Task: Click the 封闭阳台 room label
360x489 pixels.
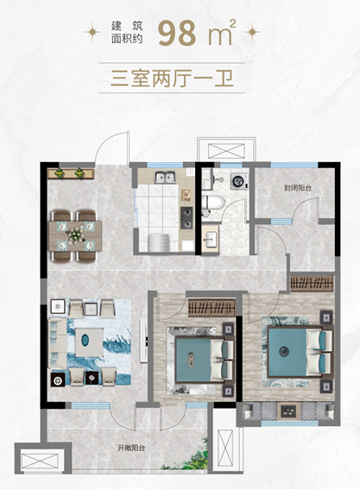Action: (298, 188)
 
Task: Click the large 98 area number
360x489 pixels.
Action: (177, 33)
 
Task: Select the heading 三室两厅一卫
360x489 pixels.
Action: (172, 78)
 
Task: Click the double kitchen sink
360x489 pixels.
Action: (165, 177)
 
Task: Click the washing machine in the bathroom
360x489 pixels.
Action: (239, 181)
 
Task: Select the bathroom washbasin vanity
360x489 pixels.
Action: (210, 237)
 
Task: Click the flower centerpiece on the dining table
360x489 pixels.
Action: (75, 235)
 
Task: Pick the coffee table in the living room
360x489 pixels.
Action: (89, 342)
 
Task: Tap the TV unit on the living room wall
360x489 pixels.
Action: (143, 341)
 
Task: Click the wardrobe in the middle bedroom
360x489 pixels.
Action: (212, 308)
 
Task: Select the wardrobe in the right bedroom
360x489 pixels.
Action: (312, 283)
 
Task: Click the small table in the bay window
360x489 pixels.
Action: (289, 411)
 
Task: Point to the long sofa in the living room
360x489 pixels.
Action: (58, 342)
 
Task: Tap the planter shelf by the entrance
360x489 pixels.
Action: (71, 173)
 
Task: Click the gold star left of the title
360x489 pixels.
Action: (92, 32)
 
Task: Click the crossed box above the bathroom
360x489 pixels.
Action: (226, 151)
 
